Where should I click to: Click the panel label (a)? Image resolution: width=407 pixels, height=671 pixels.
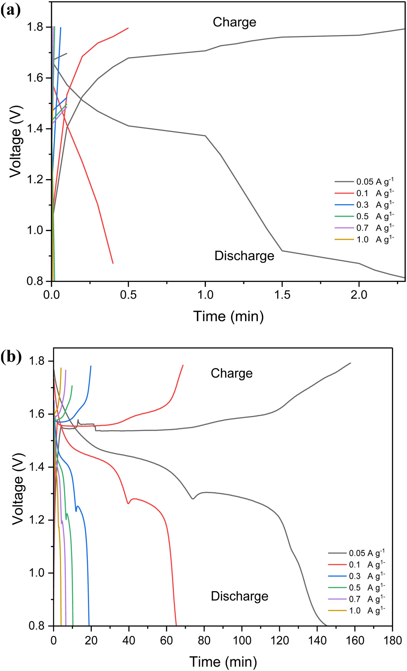[x=11, y=11]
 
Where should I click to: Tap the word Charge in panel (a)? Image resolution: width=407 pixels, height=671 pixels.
[x=234, y=22]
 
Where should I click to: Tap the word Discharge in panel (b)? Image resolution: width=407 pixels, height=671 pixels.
[x=239, y=596]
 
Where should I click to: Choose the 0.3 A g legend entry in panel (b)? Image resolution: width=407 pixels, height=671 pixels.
[x=356, y=576]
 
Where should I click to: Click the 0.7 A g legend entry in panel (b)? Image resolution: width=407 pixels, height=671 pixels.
[x=356, y=599]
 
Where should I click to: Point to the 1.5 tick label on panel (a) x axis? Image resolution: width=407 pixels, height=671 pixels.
[x=282, y=295]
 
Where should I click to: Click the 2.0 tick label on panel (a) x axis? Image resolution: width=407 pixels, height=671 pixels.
[x=359, y=295]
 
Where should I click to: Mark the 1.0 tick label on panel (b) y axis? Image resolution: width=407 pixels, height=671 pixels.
[x=37, y=573]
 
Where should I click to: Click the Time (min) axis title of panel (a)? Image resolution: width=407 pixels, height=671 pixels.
[x=228, y=316]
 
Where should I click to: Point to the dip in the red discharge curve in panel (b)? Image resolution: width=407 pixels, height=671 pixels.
[x=128, y=504]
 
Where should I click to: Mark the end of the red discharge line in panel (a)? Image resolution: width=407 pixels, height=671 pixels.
[x=113, y=263]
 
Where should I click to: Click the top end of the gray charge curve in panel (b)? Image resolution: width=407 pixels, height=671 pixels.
[x=350, y=363]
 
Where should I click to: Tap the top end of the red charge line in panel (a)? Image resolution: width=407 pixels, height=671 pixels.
[x=128, y=28]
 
